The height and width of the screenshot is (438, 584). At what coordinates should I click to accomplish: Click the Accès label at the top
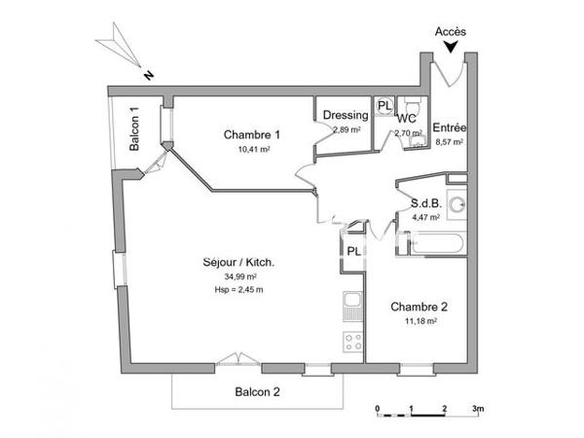click(x=450, y=31)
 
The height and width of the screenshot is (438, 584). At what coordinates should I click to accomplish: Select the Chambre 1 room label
click(x=252, y=134)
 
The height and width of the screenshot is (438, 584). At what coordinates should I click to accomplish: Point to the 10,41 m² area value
click(x=253, y=150)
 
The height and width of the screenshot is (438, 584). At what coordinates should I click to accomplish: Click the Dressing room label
click(x=346, y=116)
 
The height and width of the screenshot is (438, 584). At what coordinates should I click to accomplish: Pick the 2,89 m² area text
click(x=347, y=129)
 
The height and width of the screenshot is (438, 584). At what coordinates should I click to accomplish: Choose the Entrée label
click(x=450, y=128)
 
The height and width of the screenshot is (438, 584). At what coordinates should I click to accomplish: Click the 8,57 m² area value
click(x=449, y=142)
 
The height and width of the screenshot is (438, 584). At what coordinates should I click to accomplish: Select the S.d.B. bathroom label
click(x=426, y=203)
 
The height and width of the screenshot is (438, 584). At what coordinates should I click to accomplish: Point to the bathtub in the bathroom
click(x=432, y=242)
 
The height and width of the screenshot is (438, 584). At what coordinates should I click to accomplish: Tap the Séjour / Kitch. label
click(x=238, y=263)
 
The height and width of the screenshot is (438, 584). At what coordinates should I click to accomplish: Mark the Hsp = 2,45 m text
click(x=238, y=290)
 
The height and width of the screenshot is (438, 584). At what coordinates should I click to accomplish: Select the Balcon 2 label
click(x=258, y=392)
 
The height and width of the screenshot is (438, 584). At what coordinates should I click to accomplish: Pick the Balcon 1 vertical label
click(x=134, y=128)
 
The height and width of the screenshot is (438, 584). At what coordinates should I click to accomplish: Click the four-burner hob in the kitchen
click(x=352, y=342)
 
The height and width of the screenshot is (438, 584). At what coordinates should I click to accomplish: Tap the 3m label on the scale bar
click(x=477, y=408)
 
